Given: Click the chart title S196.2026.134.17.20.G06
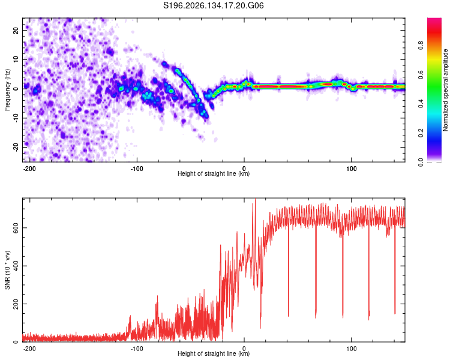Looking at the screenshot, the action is (x=213, y=5).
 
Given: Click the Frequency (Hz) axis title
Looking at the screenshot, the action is (x=7, y=90).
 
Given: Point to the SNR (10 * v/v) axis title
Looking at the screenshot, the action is (x=7, y=270).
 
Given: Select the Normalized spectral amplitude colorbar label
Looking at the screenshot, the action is (x=445, y=90).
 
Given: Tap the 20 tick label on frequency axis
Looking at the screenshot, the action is (x=16, y=30).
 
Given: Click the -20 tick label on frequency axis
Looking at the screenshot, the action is (x=16, y=148).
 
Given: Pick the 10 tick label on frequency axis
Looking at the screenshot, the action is (x=16, y=59).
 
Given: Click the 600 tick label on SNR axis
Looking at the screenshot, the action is (x=16, y=227).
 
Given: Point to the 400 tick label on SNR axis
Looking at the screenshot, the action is (x=16, y=266).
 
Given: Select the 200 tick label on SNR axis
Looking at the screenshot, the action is (x=16, y=304).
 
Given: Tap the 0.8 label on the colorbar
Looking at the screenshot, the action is (x=421, y=46).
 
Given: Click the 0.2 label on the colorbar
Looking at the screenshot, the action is (x=421, y=133).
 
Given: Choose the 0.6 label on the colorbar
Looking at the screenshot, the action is (x=421, y=74).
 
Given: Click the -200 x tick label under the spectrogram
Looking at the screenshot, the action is (x=29, y=169).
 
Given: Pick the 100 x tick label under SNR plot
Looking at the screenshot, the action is (x=351, y=349).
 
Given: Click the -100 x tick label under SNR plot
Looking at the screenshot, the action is (x=136, y=349).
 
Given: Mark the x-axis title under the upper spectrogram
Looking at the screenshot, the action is (x=214, y=173).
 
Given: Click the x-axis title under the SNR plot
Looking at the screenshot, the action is (x=214, y=353).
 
